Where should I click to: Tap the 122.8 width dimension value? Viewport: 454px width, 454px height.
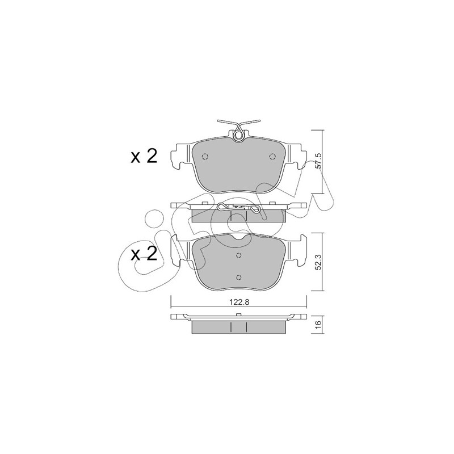[239, 302]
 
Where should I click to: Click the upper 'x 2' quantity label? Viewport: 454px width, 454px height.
[144, 157]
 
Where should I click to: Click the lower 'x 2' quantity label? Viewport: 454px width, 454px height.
[144, 254]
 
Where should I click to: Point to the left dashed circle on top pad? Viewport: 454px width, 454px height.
[205, 157]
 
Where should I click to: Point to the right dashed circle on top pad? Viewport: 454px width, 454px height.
[272, 157]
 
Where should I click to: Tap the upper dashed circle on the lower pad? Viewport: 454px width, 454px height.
[238, 255]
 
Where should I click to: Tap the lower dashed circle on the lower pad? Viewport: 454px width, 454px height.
[238, 278]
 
